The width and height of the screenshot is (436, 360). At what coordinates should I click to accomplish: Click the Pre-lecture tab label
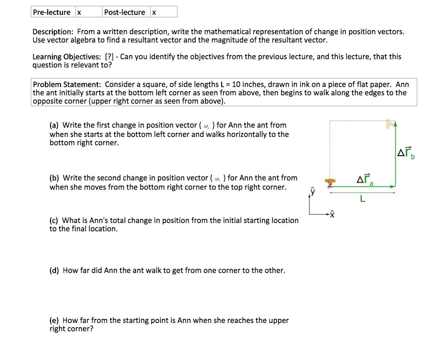click(51, 12)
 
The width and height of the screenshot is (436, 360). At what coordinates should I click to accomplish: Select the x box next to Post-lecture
click(154, 12)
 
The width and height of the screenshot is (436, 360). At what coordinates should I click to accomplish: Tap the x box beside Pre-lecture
click(79, 12)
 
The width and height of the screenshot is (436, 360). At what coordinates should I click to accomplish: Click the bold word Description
click(52, 32)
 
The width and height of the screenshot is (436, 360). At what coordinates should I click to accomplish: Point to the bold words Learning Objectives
click(66, 57)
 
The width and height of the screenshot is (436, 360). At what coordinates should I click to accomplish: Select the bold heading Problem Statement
click(67, 84)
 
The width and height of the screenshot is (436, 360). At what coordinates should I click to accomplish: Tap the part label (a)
click(54, 125)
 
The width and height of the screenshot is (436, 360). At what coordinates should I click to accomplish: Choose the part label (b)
click(54, 178)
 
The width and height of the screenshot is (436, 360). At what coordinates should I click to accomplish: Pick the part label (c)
click(54, 221)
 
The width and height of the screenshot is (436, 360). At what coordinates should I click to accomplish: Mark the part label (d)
click(54, 271)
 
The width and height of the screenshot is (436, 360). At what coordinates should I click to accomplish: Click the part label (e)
click(54, 321)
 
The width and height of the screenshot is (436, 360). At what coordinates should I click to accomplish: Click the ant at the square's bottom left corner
click(330, 182)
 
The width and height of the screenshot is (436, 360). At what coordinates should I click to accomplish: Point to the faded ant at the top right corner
click(390, 124)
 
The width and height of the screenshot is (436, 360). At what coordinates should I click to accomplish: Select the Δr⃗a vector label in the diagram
click(365, 180)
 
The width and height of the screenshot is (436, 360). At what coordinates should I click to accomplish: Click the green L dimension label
click(362, 199)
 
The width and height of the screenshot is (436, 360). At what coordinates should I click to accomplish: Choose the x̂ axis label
click(331, 216)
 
